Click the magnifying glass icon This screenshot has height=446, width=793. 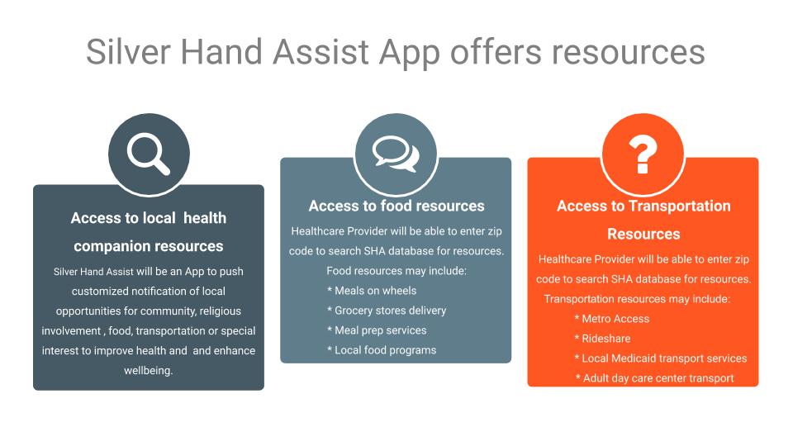pyautogui.click(x=148, y=154)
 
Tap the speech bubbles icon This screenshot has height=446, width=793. pyautogui.click(x=396, y=154)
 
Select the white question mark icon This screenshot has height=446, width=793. pyautogui.click(x=643, y=154)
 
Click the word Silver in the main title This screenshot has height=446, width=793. pyautogui.click(x=129, y=51)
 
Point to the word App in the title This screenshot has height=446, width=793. pyautogui.click(x=409, y=54)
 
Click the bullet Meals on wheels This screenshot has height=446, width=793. pyautogui.click(x=372, y=291)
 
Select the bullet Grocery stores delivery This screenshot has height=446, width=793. pyautogui.click(x=387, y=311)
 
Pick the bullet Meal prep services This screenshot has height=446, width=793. pyautogui.click(x=377, y=330)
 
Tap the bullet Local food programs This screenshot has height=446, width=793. pyautogui.click(x=382, y=350)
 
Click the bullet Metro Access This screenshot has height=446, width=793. pyautogui.click(x=612, y=319)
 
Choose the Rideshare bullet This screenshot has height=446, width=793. pyautogui.click(x=602, y=339)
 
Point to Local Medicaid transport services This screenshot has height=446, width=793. pyautogui.click(x=661, y=358)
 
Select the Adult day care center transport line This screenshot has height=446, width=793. pyautogui.click(x=654, y=378)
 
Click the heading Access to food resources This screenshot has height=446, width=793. pyautogui.click(x=396, y=206)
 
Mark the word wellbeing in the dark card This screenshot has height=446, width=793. pyautogui.click(x=148, y=371)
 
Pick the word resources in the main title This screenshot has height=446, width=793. pyautogui.click(x=628, y=51)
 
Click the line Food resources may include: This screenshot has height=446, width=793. pyautogui.click(x=396, y=271)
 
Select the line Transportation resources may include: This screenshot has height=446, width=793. pyautogui.click(x=637, y=299)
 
